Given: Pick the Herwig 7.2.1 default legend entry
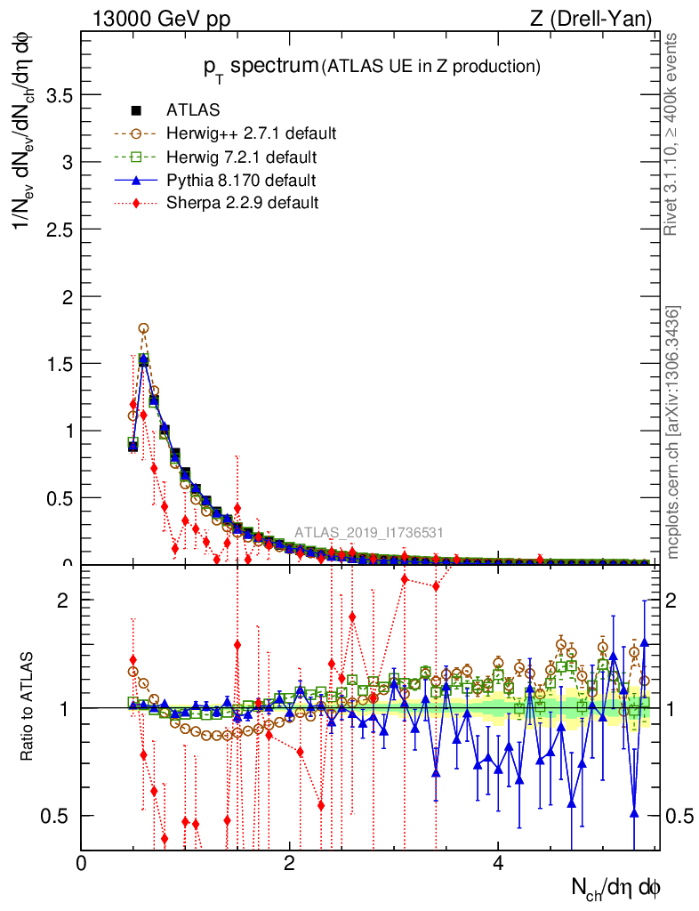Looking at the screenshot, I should (242, 157).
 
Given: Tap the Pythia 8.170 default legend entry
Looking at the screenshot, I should (241, 181).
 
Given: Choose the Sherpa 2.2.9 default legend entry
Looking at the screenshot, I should (242, 203).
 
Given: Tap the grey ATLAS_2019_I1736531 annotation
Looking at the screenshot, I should (369, 533).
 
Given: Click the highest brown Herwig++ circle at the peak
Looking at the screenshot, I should (143, 328).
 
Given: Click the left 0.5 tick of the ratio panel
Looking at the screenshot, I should (59, 816).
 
